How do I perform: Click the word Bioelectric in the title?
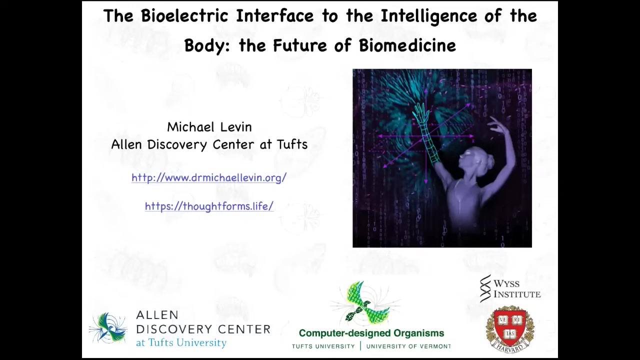click(184, 15)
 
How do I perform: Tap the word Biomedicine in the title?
click(407, 45)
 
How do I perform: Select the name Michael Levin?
click(209, 127)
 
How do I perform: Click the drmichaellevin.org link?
click(209, 177)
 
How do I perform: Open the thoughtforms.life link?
click(209, 206)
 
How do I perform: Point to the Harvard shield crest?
click(510, 328)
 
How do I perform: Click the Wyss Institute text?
click(517, 288)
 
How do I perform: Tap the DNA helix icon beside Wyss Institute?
click(485, 288)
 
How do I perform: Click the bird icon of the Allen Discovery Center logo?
click(108, 328)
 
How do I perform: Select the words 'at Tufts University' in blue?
click(181, 342)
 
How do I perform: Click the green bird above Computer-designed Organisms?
click(365, 303)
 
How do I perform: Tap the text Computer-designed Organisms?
click(371, 333)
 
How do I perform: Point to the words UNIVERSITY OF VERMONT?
click(408, 346)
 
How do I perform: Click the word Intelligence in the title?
click(429, 16)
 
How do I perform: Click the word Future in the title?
click(300, 45)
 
